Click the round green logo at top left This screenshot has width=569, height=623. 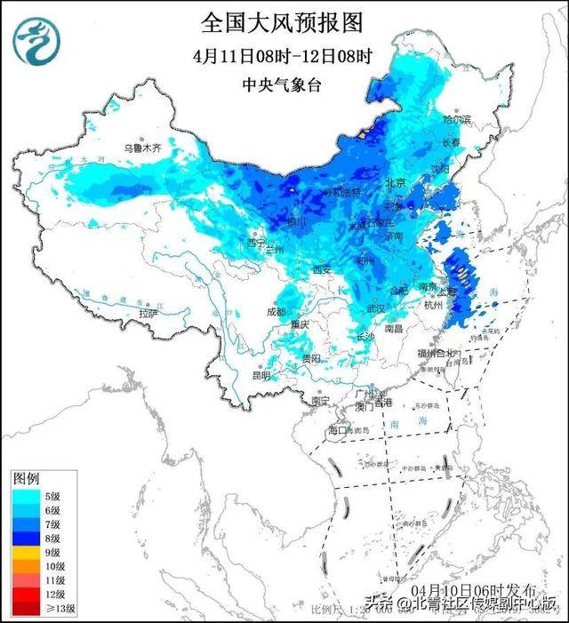pyautogui.click(x=38, y=39)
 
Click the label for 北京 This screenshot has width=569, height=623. pyautogui.click(x=396, y=182)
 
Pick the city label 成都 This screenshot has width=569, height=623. pyautogui.click(x=275, y=311)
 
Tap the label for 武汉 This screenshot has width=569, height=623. pyautogui.click(x=379, y=308)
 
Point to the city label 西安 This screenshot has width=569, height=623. pyautogui.click(x=321, y=269)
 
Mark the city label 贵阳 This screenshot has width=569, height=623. pyautogui.click(x=309, y=358)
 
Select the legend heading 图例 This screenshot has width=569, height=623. pyautogui.click(x=26, y=477)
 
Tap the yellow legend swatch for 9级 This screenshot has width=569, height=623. pyautogui.click(x=24, y=552)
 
